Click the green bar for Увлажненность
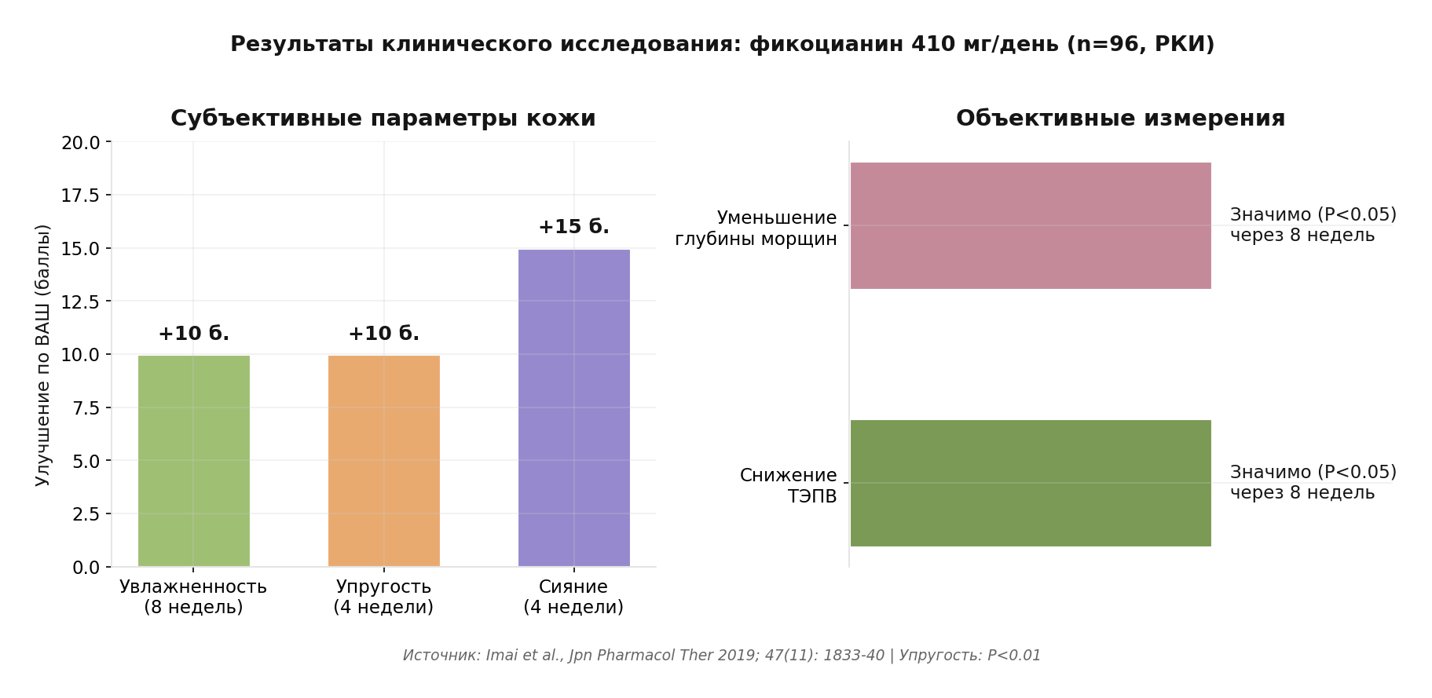tap(194, 461)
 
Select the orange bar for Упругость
tap(384, 461)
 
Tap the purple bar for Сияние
tap(574, 408)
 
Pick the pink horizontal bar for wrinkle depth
tap(1031, 225)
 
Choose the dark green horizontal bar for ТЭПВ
tap(1031, 483)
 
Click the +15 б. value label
tap(574, 227)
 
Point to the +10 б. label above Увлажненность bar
tap(194, 334)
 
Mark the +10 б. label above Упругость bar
tap(384, 334)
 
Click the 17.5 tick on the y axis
tap(80, 196)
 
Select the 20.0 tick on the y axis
tap(80, 142)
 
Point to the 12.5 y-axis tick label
tap(80, 301)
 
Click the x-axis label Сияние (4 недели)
tap(573, 597)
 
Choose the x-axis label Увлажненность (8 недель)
tap(193, 597)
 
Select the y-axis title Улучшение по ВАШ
tap(42, 355)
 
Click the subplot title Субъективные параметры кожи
tap(383, 119)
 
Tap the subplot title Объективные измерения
tap(1121, 119)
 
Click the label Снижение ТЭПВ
tap(789, 486)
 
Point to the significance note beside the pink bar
tap(1313, 225)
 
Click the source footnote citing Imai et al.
tap(722, 656)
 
